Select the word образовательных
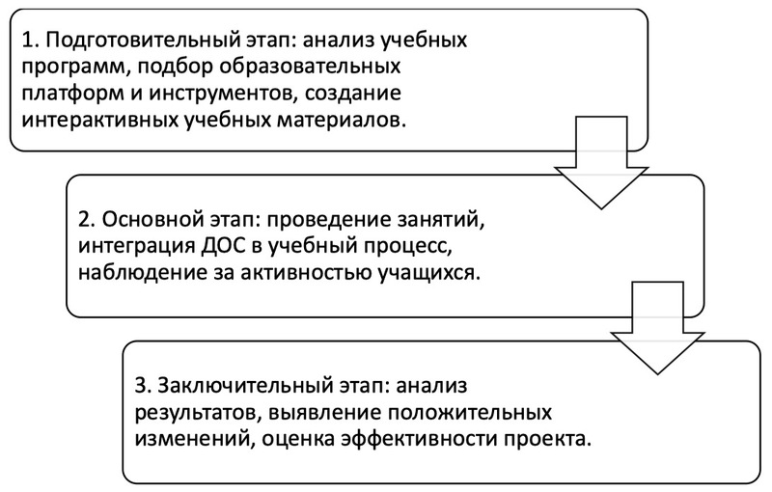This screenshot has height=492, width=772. point(310,67)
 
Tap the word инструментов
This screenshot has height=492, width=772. point(223,94)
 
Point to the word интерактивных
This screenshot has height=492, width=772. point(99,121)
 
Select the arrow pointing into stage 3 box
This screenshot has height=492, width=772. point(657,328)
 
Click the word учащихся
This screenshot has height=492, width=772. point(428,274)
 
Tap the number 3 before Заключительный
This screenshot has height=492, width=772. point(142,385)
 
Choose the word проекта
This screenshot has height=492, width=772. point(546,439)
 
